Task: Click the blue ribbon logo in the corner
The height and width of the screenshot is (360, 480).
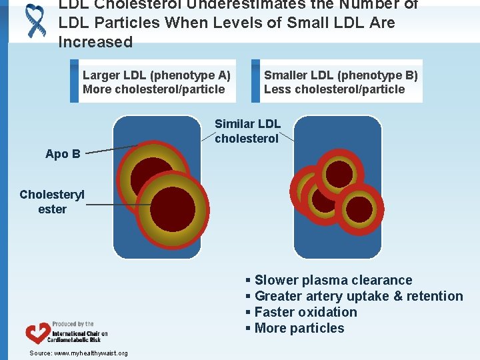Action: click(x=34, y=19)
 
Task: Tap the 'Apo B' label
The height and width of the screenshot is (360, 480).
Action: click(x=63, y=154)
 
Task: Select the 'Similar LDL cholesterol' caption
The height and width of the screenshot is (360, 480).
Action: click(x=247, y=131)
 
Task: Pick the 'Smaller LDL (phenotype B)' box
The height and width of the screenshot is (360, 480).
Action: click(x=337, y=83)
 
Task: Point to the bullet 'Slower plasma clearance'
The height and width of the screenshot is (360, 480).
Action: click(x=329, y=280)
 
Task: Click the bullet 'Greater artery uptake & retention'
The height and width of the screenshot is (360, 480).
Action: click(x=354, y=296)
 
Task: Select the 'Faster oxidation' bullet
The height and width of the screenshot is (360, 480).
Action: click(x=301, y=312)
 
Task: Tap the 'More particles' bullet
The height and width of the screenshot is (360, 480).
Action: click(x=295, y=328)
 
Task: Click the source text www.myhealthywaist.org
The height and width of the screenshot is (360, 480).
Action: click(x=79, y=353)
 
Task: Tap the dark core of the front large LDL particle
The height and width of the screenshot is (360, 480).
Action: click(x=172, y=209)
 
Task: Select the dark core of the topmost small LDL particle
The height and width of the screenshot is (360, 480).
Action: click(x=339, y=174)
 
